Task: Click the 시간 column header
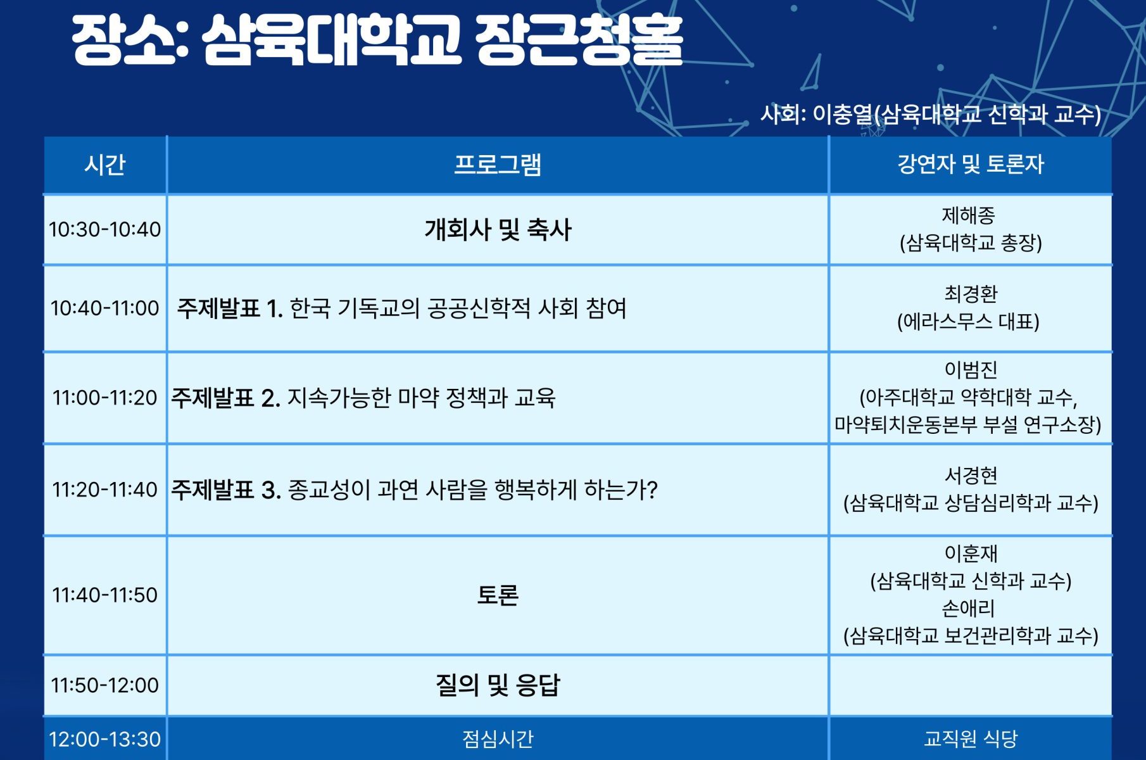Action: [105, 165]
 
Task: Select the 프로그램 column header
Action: [498, 165]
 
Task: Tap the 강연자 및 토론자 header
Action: [970, 165]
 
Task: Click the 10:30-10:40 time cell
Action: [105, 229]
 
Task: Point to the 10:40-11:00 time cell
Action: [105, 308]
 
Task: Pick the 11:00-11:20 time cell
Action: [105, 398]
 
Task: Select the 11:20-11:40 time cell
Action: [105, 490]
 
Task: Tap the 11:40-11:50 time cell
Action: [105, 595]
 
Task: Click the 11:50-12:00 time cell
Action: [105, 685]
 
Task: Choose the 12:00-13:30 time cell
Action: [105, 739]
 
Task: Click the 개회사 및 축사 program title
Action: [498, 229]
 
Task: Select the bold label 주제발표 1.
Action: [230, 308]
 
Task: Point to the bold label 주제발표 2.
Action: [225, 398]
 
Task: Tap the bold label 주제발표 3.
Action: [226, 490]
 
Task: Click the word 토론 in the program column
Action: [498, 595]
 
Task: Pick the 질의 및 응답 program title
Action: [498, 685]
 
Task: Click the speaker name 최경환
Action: [971, 294]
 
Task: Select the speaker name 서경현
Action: [971, 475]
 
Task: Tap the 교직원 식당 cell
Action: [971, 738]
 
